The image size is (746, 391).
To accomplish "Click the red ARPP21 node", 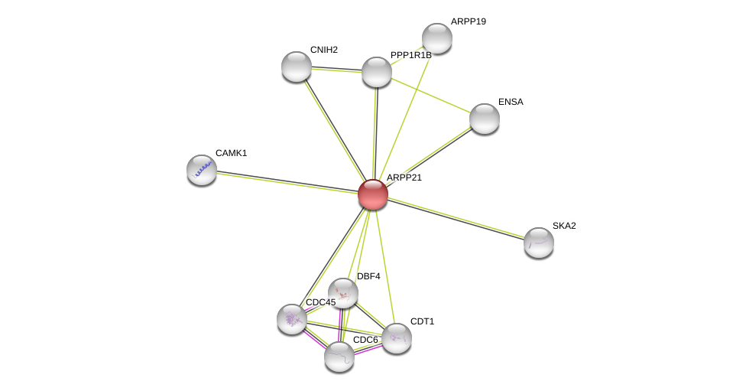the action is point(373,194).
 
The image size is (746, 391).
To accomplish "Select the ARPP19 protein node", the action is point(436,38).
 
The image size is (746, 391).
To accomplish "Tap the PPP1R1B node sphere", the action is point(376,72).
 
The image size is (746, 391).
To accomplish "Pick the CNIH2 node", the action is point(297,67).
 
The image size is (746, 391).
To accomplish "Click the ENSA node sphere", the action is point(485,119).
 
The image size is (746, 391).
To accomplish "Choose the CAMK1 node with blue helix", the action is point(202,170).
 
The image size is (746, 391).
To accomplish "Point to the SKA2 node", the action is point(539,243).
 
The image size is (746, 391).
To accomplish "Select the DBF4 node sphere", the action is point(343,293).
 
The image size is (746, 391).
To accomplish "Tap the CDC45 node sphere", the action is point(292,319).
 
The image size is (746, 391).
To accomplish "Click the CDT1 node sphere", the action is point(396,338).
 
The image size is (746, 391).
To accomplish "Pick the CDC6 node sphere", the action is point(339,357).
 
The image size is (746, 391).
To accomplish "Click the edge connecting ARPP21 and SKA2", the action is point(456,218).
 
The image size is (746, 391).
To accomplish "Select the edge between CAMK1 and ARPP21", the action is point(287,182).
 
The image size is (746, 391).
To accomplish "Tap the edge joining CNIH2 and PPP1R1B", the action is point(336,70).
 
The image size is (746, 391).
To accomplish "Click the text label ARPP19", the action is point(468,21).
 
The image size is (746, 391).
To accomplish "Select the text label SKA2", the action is point(564,226).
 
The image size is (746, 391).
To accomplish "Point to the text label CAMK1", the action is point(232,153).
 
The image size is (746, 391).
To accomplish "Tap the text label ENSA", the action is point(511,102).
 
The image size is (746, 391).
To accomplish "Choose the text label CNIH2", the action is point(324,50).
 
